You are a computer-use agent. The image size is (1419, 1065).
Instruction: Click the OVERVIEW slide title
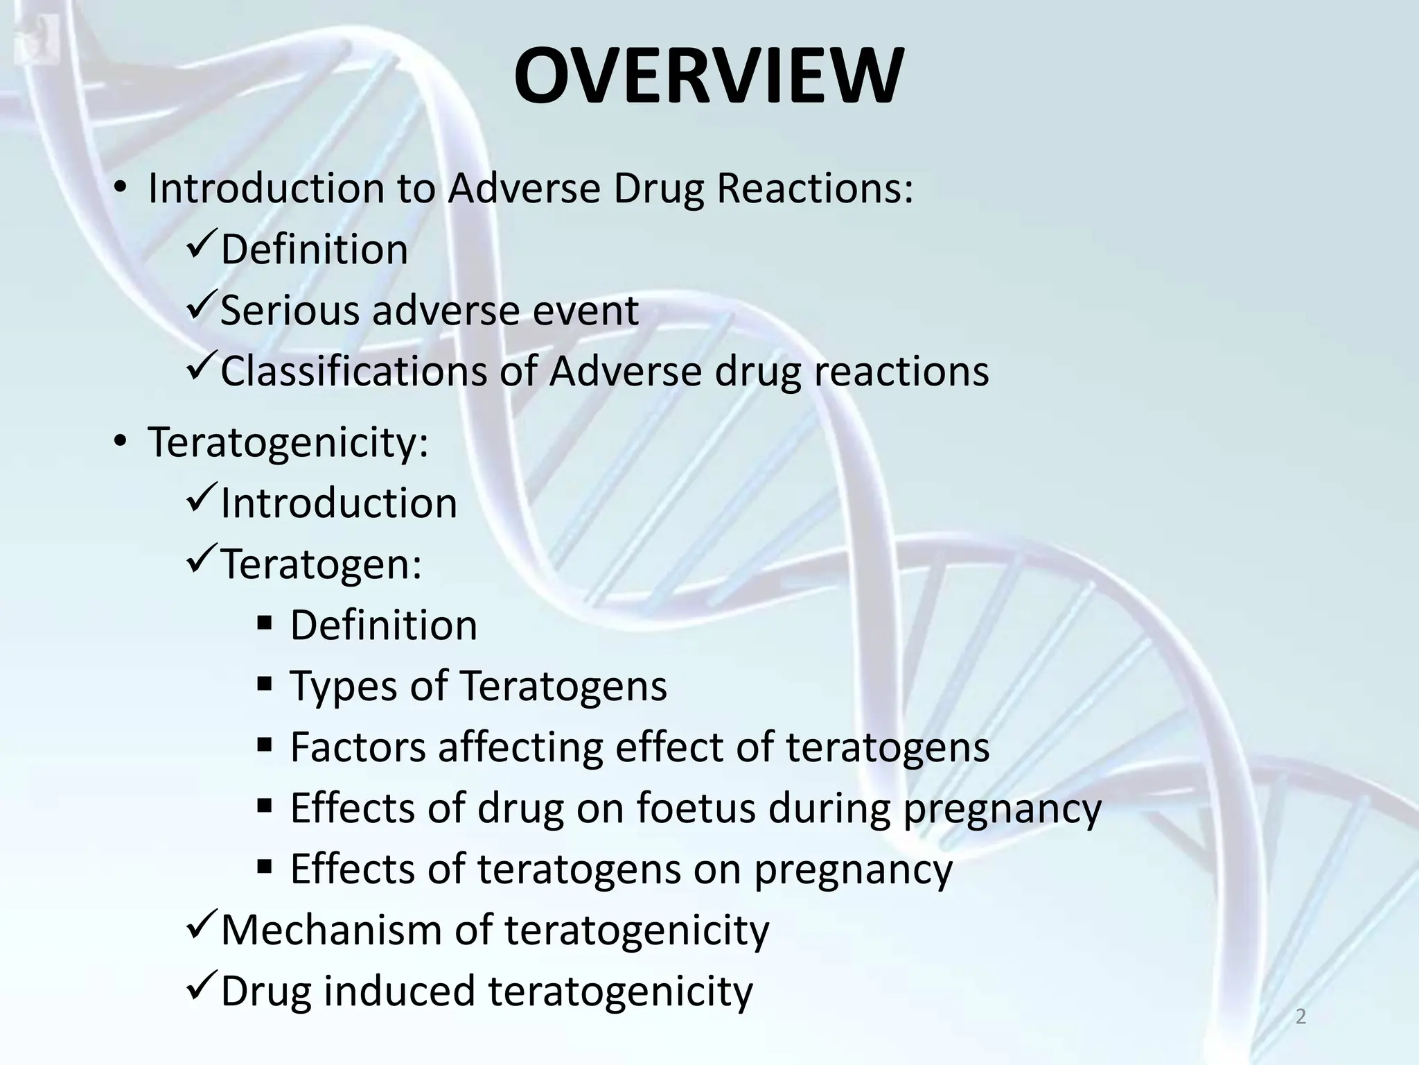click(708, 76)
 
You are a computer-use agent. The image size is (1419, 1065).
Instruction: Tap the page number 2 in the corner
click(1301, 1016)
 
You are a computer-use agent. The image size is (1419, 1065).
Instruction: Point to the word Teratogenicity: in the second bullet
click(288, 442)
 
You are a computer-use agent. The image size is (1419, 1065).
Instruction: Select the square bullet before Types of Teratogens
click(265, 685)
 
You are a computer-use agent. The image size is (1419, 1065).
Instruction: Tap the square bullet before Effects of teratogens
click(265, 867)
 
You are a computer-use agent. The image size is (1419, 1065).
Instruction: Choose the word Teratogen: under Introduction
click(321, 564)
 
